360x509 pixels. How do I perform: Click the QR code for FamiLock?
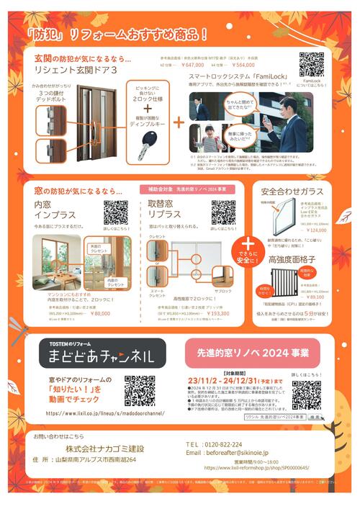pyautogui.click(x=312, y=64)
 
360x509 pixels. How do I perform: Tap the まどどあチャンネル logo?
pyautogui.click(x=102, y=356)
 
